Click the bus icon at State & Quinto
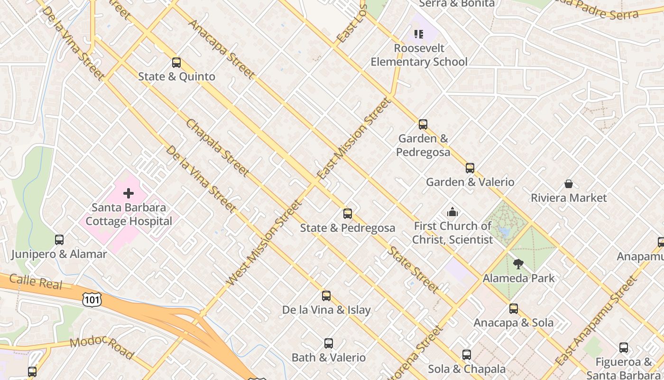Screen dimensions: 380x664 point(176,62)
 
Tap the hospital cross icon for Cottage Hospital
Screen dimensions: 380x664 point(129,193)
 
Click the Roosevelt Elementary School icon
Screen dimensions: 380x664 point(419,34)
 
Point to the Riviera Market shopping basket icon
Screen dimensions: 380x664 point(569,184)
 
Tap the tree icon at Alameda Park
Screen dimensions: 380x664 point(518,264)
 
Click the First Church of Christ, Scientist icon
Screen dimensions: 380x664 point(452,212)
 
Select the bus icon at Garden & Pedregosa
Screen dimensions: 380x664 point(423,124)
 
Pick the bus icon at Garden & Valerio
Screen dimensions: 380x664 point(470,168)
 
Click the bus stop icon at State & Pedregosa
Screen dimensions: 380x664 point(348,214)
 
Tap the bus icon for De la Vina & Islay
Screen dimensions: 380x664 point(326,296)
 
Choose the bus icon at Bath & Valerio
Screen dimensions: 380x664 point(329,343)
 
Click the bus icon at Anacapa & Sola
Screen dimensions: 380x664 point(514,309)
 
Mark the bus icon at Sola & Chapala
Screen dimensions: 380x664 point(467,355)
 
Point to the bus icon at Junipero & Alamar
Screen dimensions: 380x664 point(59,240)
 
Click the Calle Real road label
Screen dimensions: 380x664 point(36,281)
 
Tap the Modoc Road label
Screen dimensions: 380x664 point(102,348)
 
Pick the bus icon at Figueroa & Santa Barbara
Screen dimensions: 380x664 point(624,348)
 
